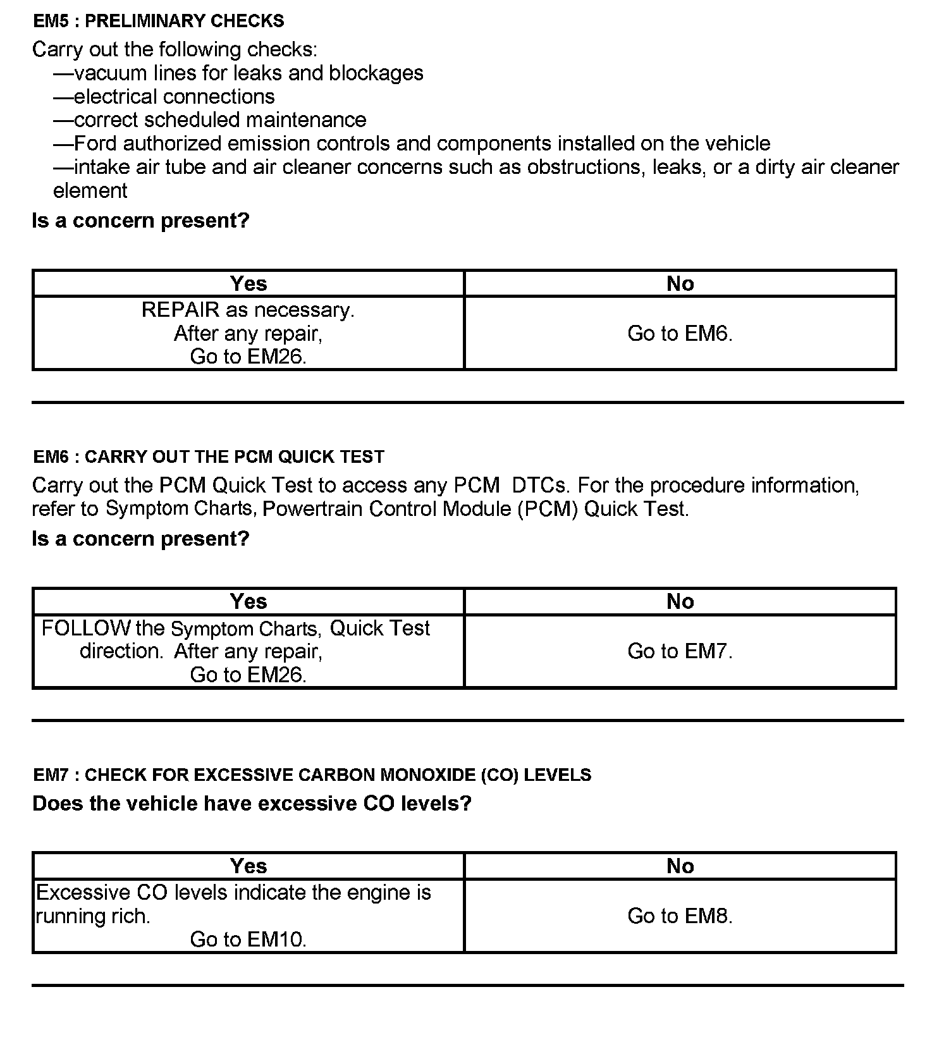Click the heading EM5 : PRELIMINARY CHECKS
click(159, 21)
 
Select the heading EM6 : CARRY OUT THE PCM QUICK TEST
click(209, 457)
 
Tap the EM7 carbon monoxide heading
click(312, 775)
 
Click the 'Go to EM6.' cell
click(680, 333)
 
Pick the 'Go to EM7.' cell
click(680, 651)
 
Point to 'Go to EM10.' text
click(248, 940)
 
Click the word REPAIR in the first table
click(180, 310)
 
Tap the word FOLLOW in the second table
click(85, 628)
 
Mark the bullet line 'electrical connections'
click(174, 97)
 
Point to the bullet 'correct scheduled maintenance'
click(219, 120)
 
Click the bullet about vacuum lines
click(248, 73)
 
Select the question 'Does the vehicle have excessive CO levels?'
click(252, 804)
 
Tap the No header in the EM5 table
click(680, 284)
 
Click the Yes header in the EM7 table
click(248, 866)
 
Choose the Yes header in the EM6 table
click(248, 601)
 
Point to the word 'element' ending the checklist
click(90, 190)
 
